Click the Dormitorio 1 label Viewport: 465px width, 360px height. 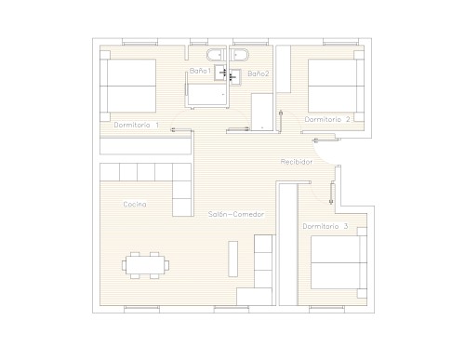[137, 125]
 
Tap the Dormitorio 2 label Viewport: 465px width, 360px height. [327, 119]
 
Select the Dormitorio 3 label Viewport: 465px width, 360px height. [325, 226]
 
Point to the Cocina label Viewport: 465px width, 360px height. [135, 205]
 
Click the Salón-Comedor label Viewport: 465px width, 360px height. [236, 214]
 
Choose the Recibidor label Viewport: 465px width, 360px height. [297, 162]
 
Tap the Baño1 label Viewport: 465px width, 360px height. [200, 71]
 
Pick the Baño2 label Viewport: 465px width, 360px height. [259, 73]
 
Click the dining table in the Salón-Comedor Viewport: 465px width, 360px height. [145, 265]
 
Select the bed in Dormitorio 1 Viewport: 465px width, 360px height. [127, 86]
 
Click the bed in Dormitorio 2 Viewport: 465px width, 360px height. [336, 86]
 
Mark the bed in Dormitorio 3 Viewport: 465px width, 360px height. [339, 262]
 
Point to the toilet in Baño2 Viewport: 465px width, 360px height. [240, 55]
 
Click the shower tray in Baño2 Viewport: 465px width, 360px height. [262, 112]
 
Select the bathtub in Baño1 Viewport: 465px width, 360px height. [207, 94]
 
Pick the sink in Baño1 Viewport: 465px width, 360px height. [220, 73]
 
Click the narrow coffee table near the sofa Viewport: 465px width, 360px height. [233, 259]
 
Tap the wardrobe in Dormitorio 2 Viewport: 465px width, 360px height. [284, 69]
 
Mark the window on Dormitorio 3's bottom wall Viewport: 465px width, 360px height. [326, 309]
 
